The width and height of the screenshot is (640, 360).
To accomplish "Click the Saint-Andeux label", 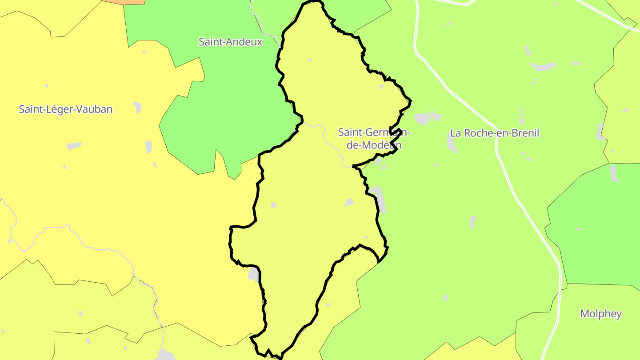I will [230, 42].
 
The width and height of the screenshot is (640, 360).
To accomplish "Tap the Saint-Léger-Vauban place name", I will [65, 109].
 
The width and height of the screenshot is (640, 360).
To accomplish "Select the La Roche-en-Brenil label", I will [494, 133].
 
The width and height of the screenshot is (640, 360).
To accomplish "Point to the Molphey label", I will [601, 313].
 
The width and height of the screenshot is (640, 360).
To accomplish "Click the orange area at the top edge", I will [124, 1].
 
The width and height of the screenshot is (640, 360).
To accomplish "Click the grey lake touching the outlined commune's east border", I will [378, 198].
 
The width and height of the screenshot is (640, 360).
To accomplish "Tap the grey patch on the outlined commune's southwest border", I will [253, 274].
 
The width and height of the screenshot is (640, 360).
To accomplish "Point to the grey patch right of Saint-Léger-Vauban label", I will [137, 107].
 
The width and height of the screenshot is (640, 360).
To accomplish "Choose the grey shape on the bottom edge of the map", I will [166, 356].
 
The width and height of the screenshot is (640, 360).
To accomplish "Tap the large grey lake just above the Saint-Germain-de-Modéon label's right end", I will [422, 118].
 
